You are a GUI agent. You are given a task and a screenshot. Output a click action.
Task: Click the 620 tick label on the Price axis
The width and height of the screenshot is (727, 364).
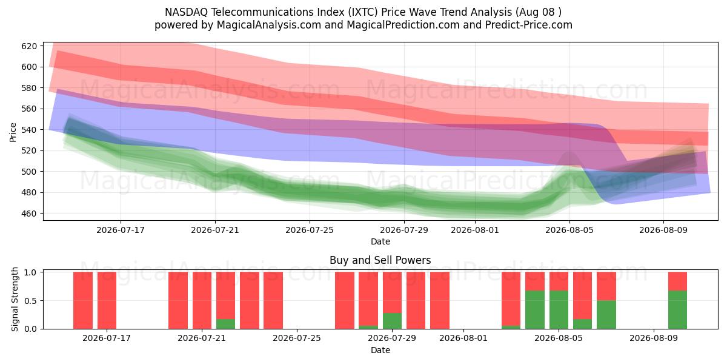pos(29,46)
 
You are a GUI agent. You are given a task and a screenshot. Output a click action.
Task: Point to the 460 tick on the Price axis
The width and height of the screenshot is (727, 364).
pos(29,214)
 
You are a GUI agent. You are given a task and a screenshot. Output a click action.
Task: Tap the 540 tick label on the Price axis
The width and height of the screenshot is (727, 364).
pos(29,130)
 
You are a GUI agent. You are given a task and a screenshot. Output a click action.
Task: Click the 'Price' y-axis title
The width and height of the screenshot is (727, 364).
pos(13,132)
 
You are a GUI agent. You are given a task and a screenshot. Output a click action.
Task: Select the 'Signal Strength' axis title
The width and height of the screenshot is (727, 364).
pos(15,299)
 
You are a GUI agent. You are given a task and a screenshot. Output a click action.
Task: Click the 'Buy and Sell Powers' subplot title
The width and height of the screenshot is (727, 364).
pos(380,260)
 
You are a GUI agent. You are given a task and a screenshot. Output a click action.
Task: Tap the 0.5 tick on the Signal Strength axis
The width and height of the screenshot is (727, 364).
pos(30,301)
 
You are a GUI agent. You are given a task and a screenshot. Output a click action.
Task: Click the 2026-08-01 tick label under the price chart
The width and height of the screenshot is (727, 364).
pos(475,230)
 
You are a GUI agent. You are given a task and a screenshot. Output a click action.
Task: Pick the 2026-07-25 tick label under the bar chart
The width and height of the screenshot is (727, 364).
pos(297,338)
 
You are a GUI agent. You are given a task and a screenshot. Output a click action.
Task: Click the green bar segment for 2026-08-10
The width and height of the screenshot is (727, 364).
pos(678,310)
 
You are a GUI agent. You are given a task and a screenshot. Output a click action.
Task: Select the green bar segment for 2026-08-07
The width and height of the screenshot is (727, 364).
pos(606,315)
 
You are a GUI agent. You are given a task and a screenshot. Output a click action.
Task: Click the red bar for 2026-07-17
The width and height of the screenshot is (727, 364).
pos(107,300)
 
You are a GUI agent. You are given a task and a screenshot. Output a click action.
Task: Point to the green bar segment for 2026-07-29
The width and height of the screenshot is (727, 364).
pos(392,321)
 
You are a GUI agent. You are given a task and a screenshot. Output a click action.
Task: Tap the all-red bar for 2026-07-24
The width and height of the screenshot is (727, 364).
pos(273,300)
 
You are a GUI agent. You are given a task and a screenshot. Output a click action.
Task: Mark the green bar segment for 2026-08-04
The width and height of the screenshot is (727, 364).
pos(535,310)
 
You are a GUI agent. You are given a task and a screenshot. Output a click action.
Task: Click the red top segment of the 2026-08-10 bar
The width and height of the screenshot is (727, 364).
pos(678,281)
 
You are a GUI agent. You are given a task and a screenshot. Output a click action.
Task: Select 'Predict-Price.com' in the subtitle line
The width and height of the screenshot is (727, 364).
pos(529,25)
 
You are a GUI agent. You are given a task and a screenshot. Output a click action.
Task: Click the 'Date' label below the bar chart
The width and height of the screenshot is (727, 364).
pos(380,350)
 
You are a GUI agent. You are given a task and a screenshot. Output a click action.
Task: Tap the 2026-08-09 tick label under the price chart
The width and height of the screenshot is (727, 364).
pos(663,230)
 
